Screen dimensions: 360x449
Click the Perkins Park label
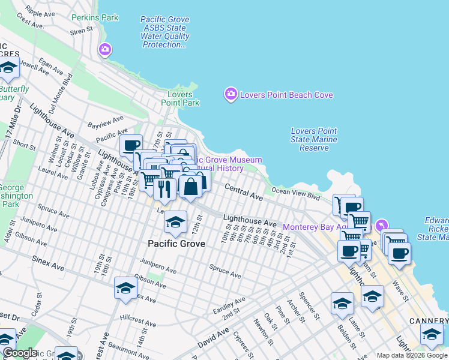[x=95, y=18]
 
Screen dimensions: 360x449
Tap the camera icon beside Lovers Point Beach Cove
[x=231, y=94]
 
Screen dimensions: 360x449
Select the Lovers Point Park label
[x=180, y=98]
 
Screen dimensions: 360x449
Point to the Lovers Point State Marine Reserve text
[x=314, y=139]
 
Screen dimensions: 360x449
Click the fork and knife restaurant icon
[x=164, y=188]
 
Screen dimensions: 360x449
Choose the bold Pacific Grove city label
[x=176, y=244]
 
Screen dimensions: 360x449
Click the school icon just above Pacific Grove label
[x=175, y=223]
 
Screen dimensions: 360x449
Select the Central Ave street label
[x=244, y=193]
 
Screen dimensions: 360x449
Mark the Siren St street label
[x=81, y=29]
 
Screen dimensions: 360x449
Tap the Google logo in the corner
[x=19, y=353]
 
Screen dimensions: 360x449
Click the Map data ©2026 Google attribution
[x=412, y=355]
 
